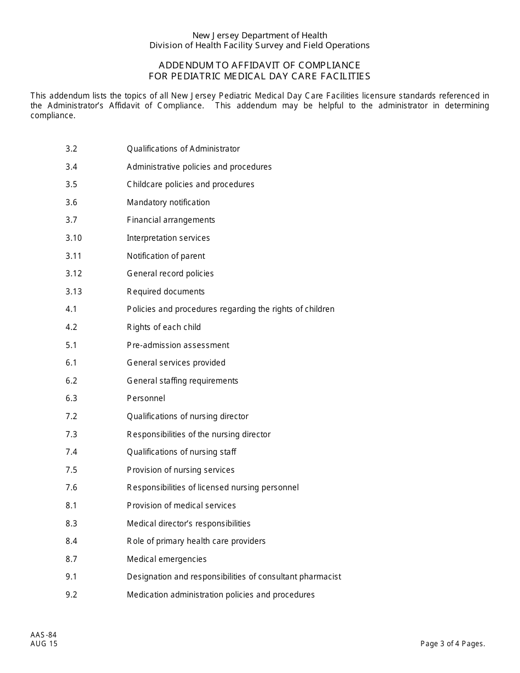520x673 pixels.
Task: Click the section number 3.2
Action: [x=71, y=149]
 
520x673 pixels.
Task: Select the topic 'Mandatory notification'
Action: [x=168, y=202]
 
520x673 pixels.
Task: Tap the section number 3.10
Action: [x=73, y=238]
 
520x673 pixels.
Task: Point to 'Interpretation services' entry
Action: [x=168, y=238]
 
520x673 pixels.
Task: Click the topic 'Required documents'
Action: [x=165, y=292]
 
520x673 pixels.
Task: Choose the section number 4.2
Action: [x=71, y=327]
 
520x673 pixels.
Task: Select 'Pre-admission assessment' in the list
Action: [x=178, y=345]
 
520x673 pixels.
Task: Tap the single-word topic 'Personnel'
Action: [x=146, y=398]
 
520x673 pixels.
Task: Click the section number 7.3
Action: [x=71, y=434]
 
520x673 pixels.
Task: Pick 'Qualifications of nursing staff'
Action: [x=181, y=452]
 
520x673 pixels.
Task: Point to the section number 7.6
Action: [x=71, y=488]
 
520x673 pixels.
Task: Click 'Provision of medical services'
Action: [x=181, y=506]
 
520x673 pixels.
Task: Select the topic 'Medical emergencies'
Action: [x=166, y=559]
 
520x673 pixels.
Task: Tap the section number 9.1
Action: [x=71, y=577]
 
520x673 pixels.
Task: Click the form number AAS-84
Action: [x=44, y=635]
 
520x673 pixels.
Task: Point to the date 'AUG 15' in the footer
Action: [x=44, y=644]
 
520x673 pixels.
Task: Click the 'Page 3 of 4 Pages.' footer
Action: [x=453, y=644]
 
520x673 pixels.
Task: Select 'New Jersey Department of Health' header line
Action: [x=259, y=36]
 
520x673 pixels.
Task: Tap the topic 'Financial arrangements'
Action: [x=171, y=220]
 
